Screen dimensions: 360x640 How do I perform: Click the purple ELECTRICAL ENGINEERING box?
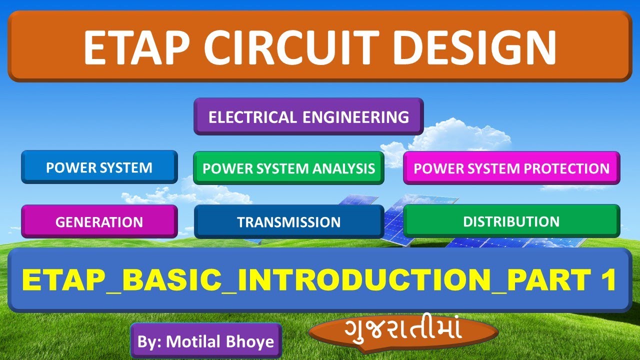308,117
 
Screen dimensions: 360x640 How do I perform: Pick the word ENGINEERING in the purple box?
355,117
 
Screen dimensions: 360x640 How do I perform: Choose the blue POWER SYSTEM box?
99,167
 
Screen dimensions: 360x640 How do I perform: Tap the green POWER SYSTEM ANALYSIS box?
288,168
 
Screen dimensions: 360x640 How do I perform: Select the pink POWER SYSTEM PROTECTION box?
511,168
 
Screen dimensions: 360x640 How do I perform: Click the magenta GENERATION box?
99,222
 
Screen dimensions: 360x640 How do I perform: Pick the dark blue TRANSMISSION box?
288,222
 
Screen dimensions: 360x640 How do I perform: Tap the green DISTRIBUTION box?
511,221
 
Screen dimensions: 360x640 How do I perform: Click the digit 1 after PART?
608,281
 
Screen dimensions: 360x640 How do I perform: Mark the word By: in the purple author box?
149,341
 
